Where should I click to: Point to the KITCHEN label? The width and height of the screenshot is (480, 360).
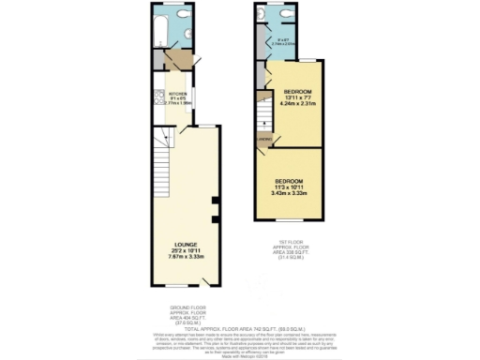pyautogui.click(x=176, y=93)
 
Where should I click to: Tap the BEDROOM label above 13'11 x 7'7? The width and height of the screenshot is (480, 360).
pyautogui.click(x=299, y=91)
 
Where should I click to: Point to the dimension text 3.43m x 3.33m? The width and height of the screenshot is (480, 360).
pyautogui.click(x=289, y=193)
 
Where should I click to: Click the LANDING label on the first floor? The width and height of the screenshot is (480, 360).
pyautogui.click(x=263, y=139)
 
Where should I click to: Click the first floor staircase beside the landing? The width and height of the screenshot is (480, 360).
pyautogui.click(x=263, y=109)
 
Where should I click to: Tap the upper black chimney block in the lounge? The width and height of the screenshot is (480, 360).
pyautogui.click(x=215, y=201)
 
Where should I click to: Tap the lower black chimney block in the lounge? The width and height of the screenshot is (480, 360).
pyautogui.click(x=215, y=220)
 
